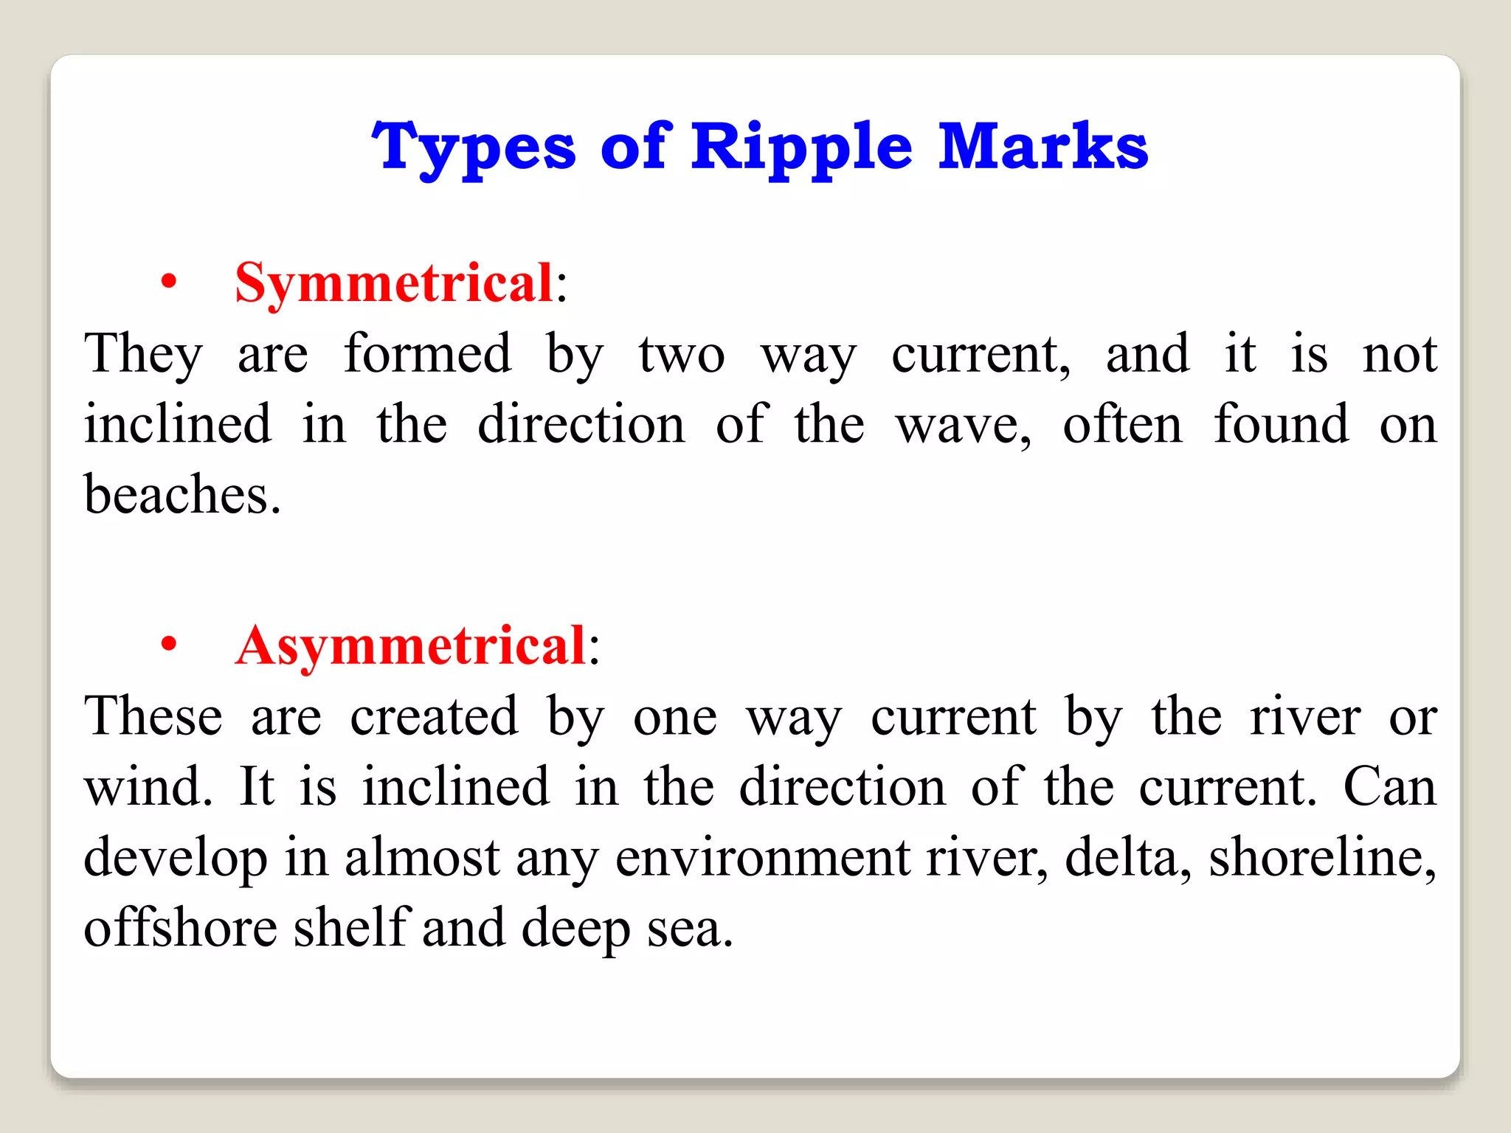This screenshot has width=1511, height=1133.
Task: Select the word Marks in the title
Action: (1043, 147)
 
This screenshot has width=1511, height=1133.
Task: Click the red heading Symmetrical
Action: (394, 283)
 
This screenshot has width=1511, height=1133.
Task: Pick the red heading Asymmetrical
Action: (411, 645)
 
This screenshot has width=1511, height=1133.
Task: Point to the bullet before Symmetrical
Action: (169, 282)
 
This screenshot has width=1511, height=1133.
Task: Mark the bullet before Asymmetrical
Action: (169, 645)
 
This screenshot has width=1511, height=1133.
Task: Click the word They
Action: (143, 354)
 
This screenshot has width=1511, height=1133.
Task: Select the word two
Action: (681, 355)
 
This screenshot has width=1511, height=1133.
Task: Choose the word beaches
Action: (181, 494)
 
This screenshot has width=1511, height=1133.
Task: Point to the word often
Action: (1122, 424)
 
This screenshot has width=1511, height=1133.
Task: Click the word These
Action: (153, 716)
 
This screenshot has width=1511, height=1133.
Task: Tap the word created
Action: (434, 716)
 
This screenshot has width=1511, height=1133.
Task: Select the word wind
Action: (148, 786)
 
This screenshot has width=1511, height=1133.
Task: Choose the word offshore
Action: (180, 927)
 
